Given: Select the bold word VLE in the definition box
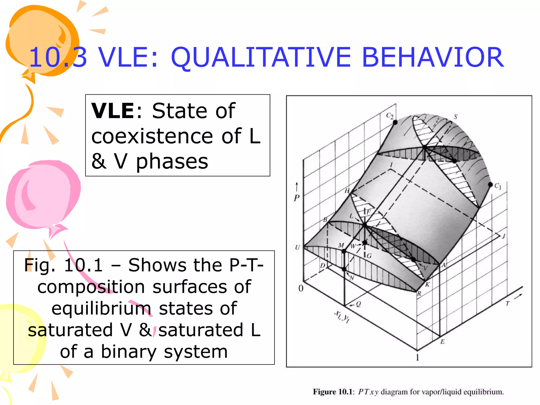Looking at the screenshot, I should (x=113, y=111).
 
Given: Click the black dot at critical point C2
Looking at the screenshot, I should (x=395, y=122).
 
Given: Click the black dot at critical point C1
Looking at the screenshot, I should (x=490, y=185).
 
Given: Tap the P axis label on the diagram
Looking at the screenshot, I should (x=297, y=198).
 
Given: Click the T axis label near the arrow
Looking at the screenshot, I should (x=507, y=303).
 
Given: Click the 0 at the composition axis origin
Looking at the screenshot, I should (x=301, y=288).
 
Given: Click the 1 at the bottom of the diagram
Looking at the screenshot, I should (x=417, y=358).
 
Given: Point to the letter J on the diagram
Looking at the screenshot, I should (x=503, y=236).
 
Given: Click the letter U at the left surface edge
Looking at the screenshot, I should (x=297, y=247).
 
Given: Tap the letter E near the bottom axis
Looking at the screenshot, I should (x=442, y=342).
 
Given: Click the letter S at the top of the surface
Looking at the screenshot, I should (x=455, y=117).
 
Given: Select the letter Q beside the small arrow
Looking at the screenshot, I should (x=358, y=304).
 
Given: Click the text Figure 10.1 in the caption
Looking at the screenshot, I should (x=333, y=392).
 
